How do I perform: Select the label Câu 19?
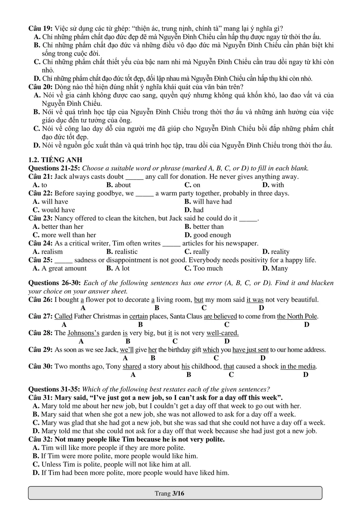(x=40, y=28)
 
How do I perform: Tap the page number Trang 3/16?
(x=170, y=493)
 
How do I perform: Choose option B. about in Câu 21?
(x=118, y=185)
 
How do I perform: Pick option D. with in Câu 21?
(x=273, y=185)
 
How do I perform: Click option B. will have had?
(x=208, y=202)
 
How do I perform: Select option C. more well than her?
(x=64, y=235)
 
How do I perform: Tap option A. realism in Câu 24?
(x=48, y=252)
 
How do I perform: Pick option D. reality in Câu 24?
(x=276, y=252)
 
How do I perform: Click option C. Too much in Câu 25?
(x=203, y=268)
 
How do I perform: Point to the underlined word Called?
(x=63, y=316)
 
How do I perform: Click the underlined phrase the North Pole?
(x=297, y=316)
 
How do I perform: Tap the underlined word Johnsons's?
(x=84, y=333)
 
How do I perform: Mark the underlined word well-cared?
(x=222, y=333)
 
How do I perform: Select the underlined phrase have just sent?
(x=251, y=350)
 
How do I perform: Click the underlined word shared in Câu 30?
(x=132, y=366)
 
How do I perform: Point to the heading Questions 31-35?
(x=54, y=389)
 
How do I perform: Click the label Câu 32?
(x=40, y=439)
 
